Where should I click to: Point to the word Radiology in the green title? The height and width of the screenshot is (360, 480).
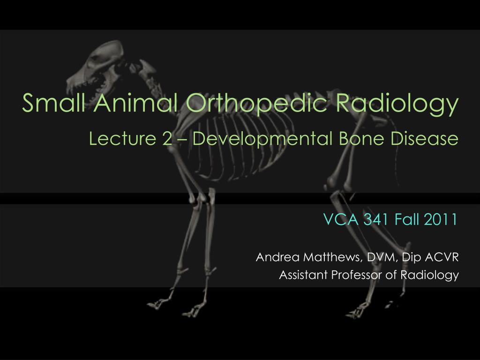pyautogui.click(x=397, y=105)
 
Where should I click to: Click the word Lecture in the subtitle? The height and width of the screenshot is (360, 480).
pyautogui.click(x=122, y=138)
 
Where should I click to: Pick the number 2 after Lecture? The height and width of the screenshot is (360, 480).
pyautogui.click(x=167, y=139)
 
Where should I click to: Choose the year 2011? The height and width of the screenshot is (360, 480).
pyautogui.click(x=441, y=219)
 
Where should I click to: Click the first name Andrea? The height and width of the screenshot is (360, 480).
pyautogui.click(x=277, y=257)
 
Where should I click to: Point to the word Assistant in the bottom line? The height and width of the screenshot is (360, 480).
pyautogui.click(x=303, y=275)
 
